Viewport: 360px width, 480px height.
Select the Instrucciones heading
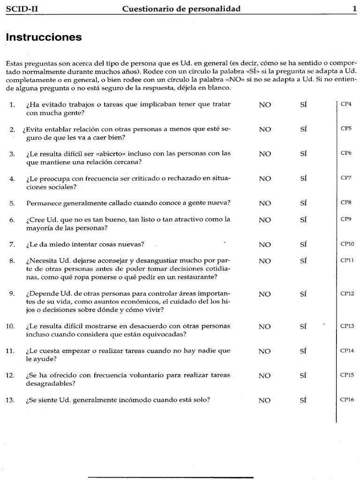44,37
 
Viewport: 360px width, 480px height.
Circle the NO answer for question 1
265,105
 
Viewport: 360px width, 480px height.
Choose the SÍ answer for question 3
303,154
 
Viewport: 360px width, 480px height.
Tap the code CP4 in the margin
346,104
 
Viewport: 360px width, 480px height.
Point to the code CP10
347,244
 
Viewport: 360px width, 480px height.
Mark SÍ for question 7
303,244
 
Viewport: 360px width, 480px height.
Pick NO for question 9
265,294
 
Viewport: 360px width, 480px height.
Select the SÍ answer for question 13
303,400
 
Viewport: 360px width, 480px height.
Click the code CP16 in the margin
347,399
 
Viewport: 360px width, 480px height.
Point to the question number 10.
11,326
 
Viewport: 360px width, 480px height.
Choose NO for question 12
265,375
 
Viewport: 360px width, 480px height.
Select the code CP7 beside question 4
346,178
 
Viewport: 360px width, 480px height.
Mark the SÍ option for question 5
303,203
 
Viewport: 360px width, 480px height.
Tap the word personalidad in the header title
216,8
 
